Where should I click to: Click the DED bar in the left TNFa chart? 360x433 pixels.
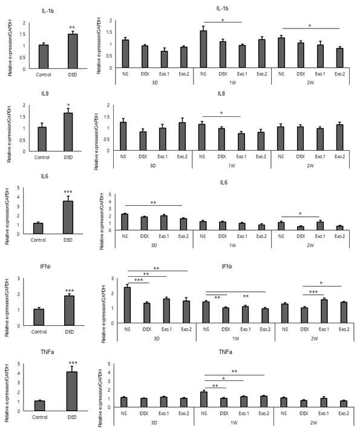click(x=72, y=391)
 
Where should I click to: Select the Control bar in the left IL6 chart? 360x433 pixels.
click(x=38, y=228)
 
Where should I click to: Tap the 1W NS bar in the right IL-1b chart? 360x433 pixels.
click(x=203, y=49)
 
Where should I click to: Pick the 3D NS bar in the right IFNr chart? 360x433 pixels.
click(x=127, y=305)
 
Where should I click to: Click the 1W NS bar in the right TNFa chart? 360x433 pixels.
click(x=204, y=399)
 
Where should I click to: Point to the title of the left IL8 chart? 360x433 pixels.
click(x=45, y=94)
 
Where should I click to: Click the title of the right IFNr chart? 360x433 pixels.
click(x=227, y=266)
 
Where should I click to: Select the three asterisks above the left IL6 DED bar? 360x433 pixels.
click(x=68, y=192)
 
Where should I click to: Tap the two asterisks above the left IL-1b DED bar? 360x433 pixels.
click(x=72, y=27)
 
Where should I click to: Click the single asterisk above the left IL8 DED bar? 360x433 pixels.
click(x=68, y=105)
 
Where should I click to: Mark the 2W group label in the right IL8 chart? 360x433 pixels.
click(x=310, y=166)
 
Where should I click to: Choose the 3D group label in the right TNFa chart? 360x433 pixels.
click(x=154, y=423)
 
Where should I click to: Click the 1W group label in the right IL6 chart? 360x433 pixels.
click(x=232, y=245)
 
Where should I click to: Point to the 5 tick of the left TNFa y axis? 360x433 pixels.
click(x=19, y=364)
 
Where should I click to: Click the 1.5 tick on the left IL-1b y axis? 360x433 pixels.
click(x=22, y=35)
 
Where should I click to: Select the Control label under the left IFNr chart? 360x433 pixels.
click(x=39, y=332)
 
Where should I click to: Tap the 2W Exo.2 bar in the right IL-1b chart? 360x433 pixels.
click(x=339, y=58)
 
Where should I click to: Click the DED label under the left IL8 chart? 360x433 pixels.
click(x=68, y=157)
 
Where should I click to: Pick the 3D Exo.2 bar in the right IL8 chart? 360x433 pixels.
click(x=182, y=136)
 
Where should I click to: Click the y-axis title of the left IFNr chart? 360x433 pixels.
click(x=7, y=308)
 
